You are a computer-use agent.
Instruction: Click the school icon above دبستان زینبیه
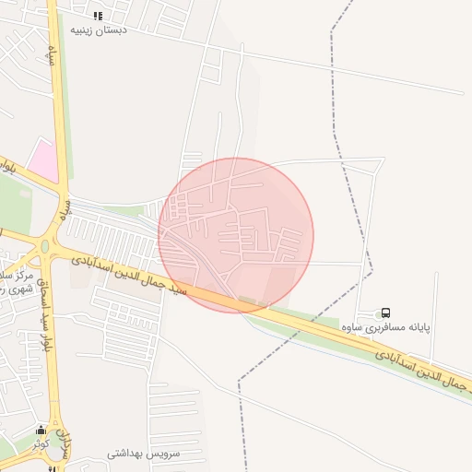pyautogui.click(x=98, y=16)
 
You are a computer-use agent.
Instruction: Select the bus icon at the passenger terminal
pyautogui.click(x=385, y=313)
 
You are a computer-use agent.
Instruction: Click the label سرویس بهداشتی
pyautogui.click(x=143, y=454)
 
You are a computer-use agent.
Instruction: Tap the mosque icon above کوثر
pyautogui.click(x=41, y=431)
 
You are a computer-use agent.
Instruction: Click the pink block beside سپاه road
pyautogui.click(x=42, y=159)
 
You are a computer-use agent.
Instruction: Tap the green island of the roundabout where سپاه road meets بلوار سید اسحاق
pyautogui.click(x=45, y=247)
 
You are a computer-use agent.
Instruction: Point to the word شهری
pyautogui.click(x=10, y=289)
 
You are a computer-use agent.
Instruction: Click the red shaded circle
pyautogui.click(x=236, y=234)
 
